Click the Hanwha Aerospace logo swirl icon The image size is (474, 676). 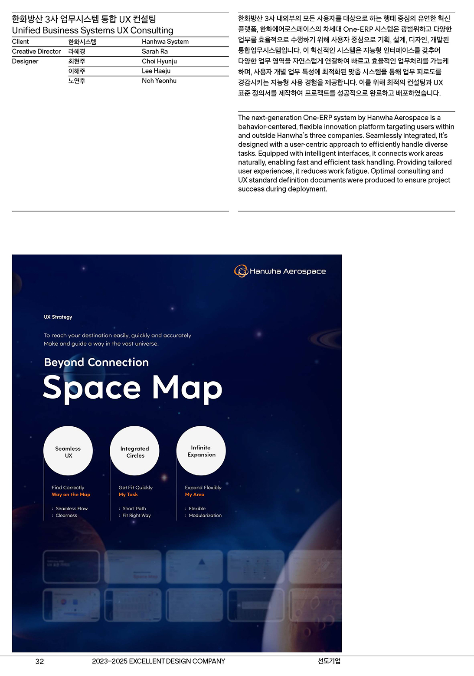pyautogui.click(x=241, y=271)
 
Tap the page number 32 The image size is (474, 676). pyautogui.click(x=39, y=661)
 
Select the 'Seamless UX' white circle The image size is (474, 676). pyautogui.click(x=68, y=451)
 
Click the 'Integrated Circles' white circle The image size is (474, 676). pyautogui.click(x=135, y=451)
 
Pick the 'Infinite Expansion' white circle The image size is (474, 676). pyautogui.click(x=201, y=451)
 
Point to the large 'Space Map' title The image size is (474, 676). pyautogui.click(x=132, y=388)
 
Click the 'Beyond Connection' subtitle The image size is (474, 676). pyautogui.click(x=96, y=362)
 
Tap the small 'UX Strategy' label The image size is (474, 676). pyautogui.click(x=58, y=317)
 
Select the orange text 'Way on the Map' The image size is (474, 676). pyautogui.click(x=71, y=495)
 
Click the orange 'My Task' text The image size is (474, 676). pyautogui.click(x=128, y=495)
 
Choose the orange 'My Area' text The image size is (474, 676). pyautogui.click(x=195, y=495)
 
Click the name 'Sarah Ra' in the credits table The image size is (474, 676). pyautogui.click(x=155, y=51)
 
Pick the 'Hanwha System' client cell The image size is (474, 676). pyautogui.click(x=165, y=42)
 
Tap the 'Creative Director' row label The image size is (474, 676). pyautogui.click(x=36, y=51)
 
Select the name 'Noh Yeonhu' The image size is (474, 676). pyautogui.click(x=159, y=81)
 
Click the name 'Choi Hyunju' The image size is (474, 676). pyautogui.click(x=159, y=61)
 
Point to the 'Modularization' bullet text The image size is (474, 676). pyautogui.click(x=205, y=515)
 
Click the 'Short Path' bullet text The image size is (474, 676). pyautogui.click(x=134, y=508)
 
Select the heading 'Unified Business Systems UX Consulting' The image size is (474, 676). pyautogui.click(x=92, y=30)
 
